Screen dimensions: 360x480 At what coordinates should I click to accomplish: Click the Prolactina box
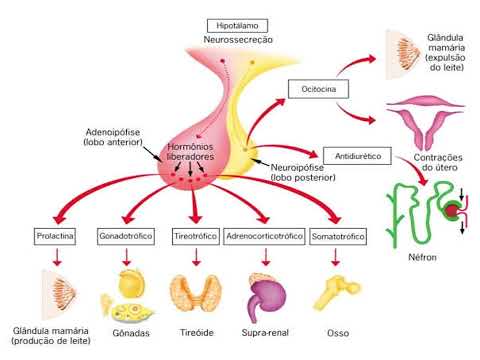pos(56,236)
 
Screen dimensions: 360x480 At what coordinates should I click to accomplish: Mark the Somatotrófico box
pos(339,236)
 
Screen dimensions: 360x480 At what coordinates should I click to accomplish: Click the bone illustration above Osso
pos(337,289)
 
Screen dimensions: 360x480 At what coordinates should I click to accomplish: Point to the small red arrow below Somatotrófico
pos(339,256)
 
